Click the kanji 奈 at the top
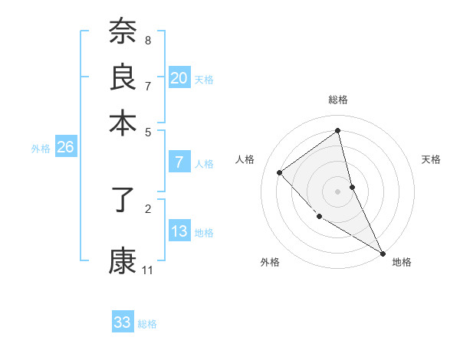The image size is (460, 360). [123, 33]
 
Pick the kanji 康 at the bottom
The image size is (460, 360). [123, 261]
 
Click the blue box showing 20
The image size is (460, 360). [179, 78]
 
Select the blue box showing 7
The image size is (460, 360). [179, 162]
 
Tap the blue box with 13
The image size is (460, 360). [179, 232]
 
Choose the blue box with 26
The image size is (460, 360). [65, 148]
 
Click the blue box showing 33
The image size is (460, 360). [123, 322]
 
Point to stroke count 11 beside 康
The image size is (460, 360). [148, 270]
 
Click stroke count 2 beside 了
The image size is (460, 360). [148, 208]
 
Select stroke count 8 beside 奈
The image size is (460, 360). [148, 40]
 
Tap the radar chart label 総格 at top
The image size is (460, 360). [338, 100]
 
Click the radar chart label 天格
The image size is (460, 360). [432, 159]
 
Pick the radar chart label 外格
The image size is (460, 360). [270, 262]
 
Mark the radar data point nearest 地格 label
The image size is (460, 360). [383, 253]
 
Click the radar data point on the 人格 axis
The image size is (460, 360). [280, 172]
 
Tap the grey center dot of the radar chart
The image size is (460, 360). [338, 191]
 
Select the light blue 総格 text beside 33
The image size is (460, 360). [147, 324]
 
